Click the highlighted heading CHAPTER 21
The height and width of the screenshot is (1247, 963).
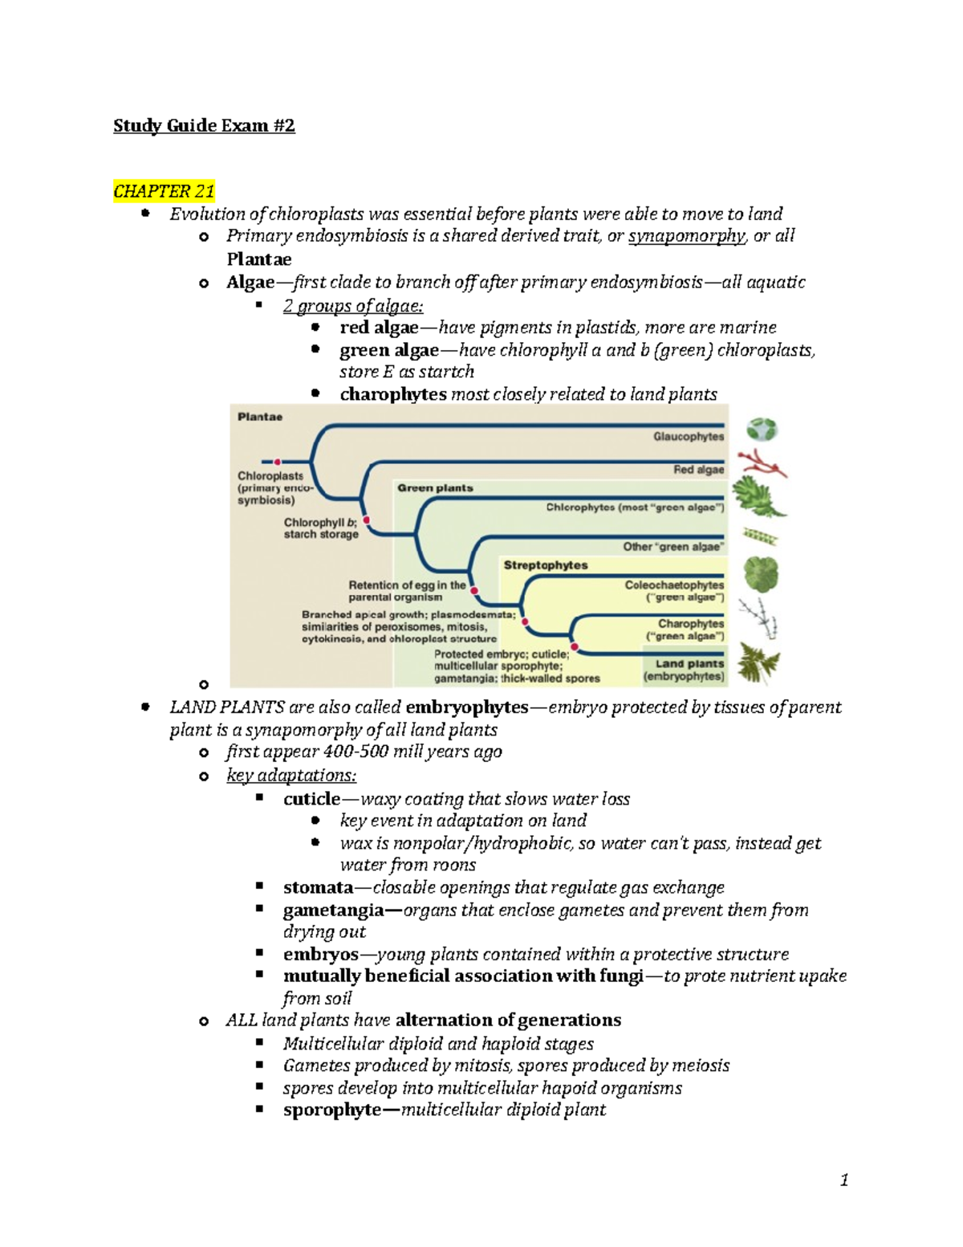[x=164, y=191]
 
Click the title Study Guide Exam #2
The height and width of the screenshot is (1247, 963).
[x=204, y=125]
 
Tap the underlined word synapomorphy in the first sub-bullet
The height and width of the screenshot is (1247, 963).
[x=686, y=236]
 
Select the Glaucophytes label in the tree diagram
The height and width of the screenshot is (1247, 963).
[x=688, y=437]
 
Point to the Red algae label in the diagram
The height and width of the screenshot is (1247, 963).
[x=698, y=470]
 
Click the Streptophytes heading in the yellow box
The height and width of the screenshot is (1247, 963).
[x=546, y=565]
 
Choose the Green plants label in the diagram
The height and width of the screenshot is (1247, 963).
[x=435, y=488]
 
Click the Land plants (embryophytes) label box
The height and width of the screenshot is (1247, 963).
[x=685, y=670]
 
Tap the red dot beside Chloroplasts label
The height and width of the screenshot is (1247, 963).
[x=278, y=462]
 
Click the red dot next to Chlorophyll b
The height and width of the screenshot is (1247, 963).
[x=367, y=520]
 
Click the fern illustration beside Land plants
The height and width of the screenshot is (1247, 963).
[x=758, y=663]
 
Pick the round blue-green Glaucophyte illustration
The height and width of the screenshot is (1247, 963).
[x=762, y=430]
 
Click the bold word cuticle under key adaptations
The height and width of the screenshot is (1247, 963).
[x=311, y=799]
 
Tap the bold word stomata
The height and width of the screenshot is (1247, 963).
[x=318, y=887]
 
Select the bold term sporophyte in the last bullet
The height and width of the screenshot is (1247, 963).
[x=332, y=1110]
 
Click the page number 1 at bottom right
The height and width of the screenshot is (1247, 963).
[x=844, y=1180]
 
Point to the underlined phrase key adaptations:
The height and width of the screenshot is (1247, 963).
[x=291, y=776]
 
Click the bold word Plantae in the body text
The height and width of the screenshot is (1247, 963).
[x=258, y=259]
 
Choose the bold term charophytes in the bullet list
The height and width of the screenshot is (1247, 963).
[x=392, y=394]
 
